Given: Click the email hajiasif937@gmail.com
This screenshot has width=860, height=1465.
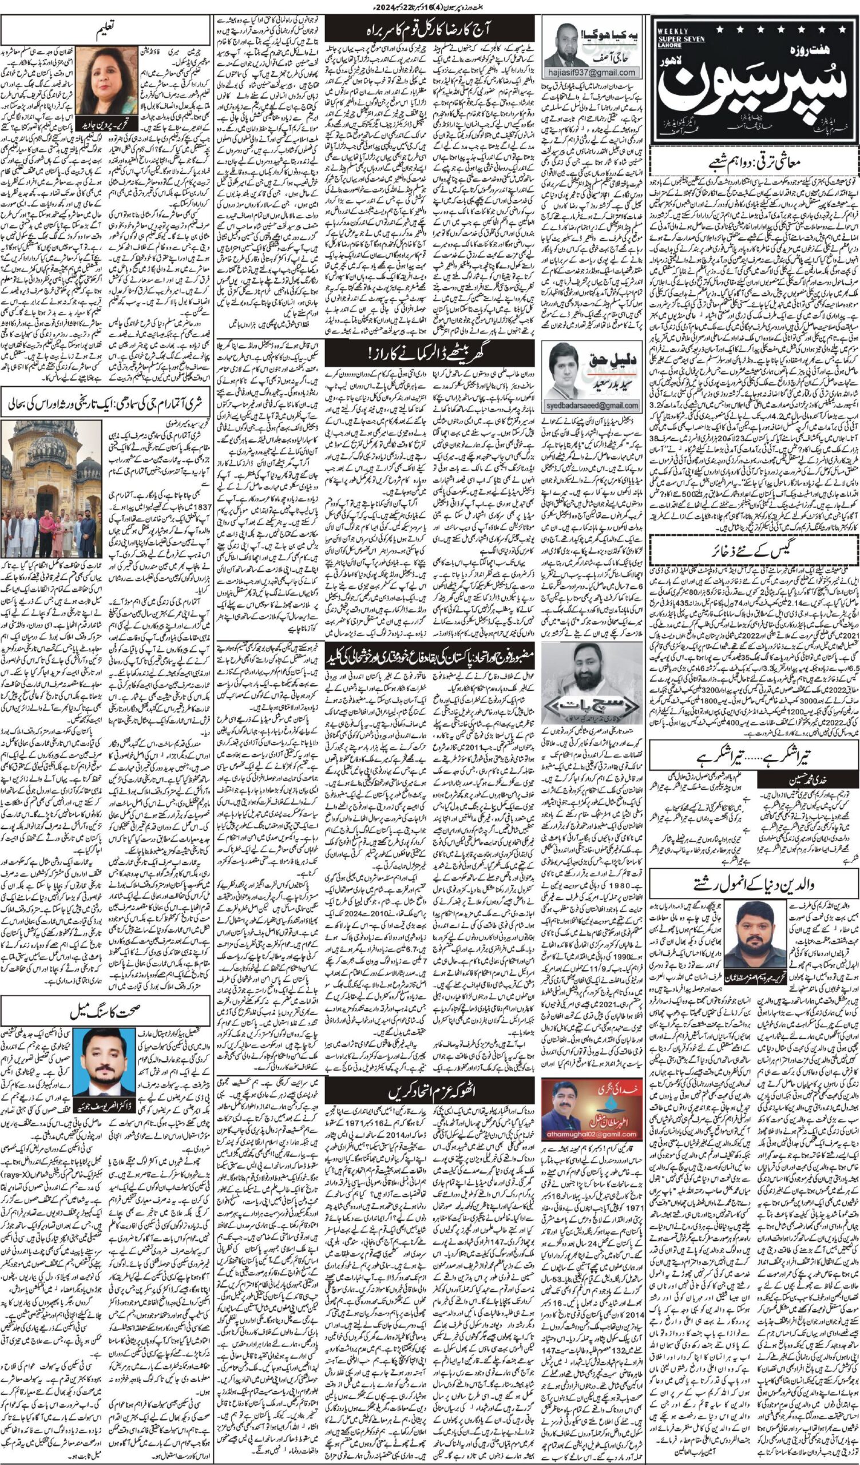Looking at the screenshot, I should coord(592,73).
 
